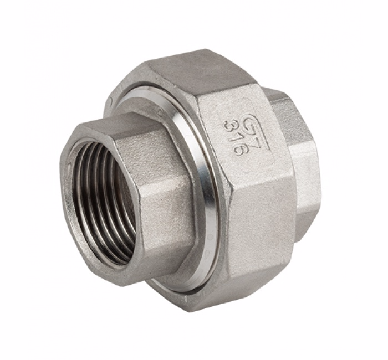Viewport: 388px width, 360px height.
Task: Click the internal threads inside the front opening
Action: (x=103, y=199)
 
